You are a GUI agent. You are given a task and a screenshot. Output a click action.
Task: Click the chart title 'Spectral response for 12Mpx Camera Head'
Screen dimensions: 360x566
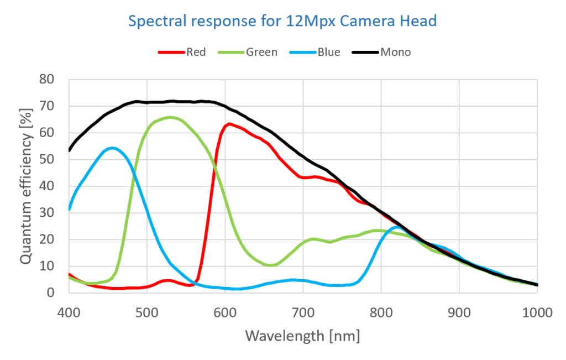[x=282, y=22]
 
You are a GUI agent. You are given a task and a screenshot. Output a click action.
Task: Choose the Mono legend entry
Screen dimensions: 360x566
[x=395, y=53]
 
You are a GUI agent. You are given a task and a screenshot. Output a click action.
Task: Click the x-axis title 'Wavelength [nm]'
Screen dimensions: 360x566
[x=302, y=336]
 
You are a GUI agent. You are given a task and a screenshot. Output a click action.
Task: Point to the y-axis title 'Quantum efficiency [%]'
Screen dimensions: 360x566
[x=26, y=186]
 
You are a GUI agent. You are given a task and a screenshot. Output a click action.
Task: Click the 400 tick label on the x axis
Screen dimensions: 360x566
[x=69, y=312]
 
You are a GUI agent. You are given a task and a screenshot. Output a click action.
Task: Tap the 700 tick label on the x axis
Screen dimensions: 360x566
[x=303, y=312]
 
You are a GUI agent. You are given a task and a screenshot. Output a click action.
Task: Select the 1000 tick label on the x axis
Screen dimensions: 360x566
[x=537, y=312]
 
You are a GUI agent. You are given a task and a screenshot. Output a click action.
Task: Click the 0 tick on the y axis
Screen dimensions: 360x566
[x=52, y=293]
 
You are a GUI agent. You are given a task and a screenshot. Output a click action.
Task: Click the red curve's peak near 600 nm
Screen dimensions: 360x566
[x=229, y=124]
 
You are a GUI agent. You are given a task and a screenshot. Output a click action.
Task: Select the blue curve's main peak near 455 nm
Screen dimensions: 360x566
[x=112, y=148]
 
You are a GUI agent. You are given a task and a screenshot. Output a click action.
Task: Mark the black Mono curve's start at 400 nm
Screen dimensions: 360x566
[x=70, y=150]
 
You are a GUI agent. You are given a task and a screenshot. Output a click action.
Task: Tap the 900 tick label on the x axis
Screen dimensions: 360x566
[x=459, y=312]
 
